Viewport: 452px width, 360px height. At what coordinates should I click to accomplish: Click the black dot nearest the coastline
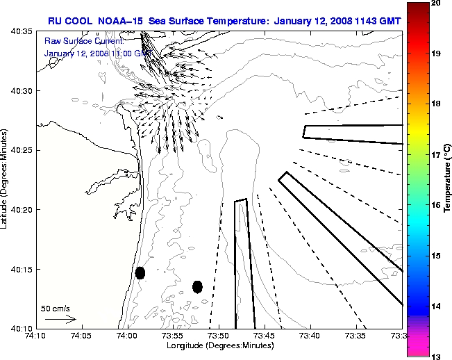point(140,272)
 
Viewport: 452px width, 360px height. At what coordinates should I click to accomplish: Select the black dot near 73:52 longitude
point(197,286)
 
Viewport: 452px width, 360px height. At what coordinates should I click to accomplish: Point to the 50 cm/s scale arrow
point(60,319)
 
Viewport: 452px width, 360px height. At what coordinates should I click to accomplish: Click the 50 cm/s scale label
point(55,308)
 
